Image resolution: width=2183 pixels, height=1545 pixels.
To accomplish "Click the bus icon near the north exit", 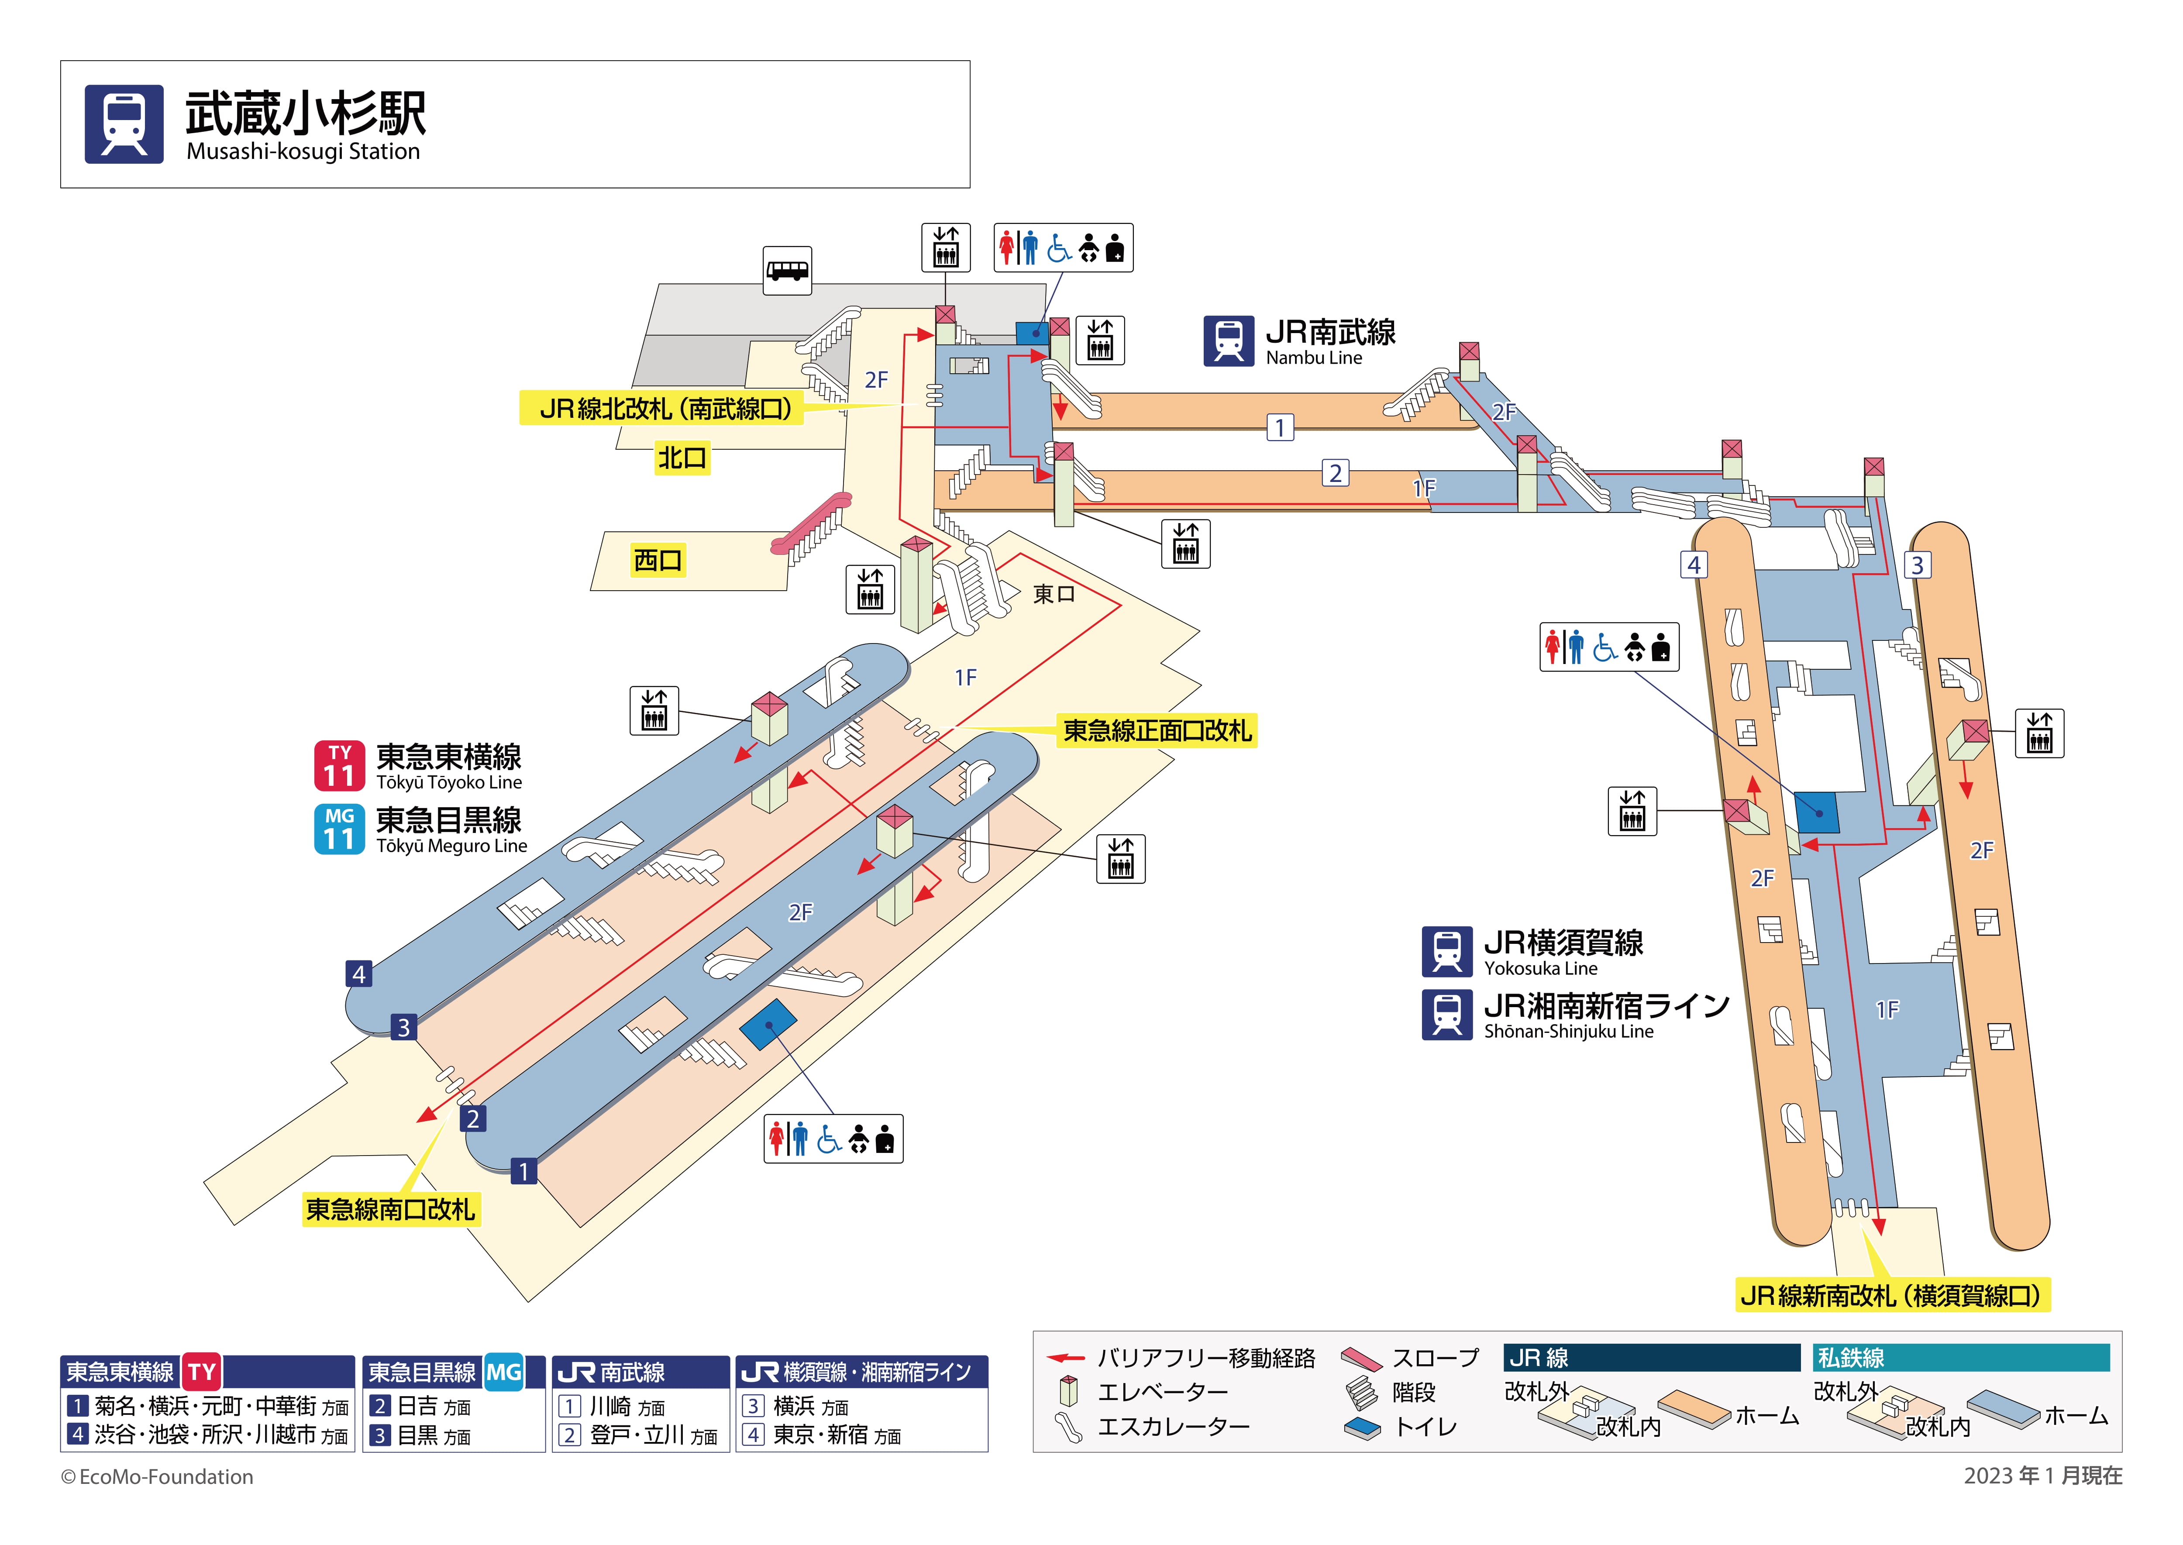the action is click(x=788, y=270).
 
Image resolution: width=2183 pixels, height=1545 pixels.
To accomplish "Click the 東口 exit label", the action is click(x=1054, y=595).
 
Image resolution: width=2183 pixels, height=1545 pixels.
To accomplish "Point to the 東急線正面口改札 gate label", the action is click(x=1157, y=731).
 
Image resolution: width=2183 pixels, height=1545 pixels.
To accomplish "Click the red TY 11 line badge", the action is click(x=340, y=767).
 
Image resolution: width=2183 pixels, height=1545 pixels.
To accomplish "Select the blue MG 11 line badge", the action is click(x=340, y=829).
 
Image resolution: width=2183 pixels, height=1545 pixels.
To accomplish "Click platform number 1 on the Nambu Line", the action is click(x=1280, y=428).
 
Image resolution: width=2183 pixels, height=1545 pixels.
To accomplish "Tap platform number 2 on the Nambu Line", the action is click(x=1336, y=473).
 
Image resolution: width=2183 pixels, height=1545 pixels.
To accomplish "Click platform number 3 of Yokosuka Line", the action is click(x=1917, y=565).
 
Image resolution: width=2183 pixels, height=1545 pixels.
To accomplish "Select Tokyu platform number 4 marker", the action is click(x=358, y=974).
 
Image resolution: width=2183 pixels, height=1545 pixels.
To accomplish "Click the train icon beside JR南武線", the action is click(x=1229, y=341).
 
